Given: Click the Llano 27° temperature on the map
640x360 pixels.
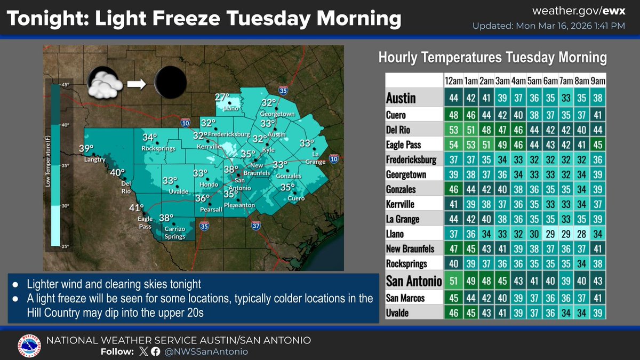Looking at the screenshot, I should tap(221, 98).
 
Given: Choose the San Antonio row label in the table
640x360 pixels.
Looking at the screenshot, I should tap(413, 281).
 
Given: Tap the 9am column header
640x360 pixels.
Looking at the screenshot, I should tap(598, 81).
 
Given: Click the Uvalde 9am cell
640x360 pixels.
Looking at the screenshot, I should tap(598, 313).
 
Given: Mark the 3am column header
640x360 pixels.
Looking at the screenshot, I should tap(501, 81).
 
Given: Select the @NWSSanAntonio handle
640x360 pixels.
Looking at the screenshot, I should tap(206, 351).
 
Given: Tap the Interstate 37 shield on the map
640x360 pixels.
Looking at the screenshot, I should tap(256, 226).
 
